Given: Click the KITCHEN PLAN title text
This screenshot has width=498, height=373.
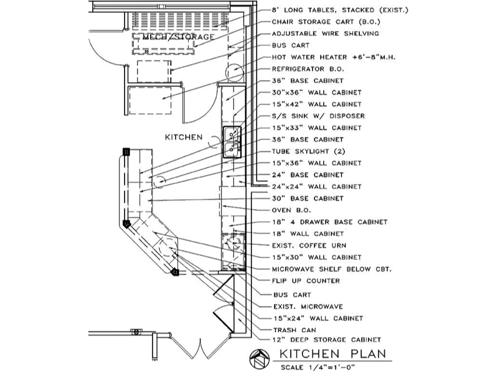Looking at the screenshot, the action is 332,353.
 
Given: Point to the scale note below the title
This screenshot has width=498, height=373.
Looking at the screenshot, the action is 317,367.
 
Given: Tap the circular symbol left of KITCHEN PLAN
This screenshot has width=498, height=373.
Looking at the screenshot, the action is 260,359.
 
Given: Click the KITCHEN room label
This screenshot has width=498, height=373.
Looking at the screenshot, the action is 184,137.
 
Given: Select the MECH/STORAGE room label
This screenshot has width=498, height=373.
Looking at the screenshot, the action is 178,37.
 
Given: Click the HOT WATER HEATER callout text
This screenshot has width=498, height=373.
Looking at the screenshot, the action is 334,57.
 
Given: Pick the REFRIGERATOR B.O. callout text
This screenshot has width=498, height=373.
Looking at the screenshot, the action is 308,69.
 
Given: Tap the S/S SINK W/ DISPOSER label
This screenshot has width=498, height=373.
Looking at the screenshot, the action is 318,116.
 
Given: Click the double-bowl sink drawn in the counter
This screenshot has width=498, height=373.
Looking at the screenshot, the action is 232,142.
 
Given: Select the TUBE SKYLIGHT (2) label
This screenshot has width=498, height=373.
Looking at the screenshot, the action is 308,151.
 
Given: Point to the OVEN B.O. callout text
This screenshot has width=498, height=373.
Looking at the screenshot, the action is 291,210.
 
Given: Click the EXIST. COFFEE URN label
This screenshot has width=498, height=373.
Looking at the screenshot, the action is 309,246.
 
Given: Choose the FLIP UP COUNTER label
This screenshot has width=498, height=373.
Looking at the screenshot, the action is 306,281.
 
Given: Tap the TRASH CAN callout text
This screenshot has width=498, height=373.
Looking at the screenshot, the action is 294,330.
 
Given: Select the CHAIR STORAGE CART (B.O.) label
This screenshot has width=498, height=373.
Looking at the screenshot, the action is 326,22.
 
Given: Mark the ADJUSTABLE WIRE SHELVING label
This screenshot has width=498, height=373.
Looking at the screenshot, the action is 326,34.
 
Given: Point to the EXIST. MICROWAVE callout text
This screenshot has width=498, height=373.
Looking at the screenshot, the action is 308,306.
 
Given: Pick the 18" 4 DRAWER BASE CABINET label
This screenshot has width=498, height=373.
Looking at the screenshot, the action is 330,222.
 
